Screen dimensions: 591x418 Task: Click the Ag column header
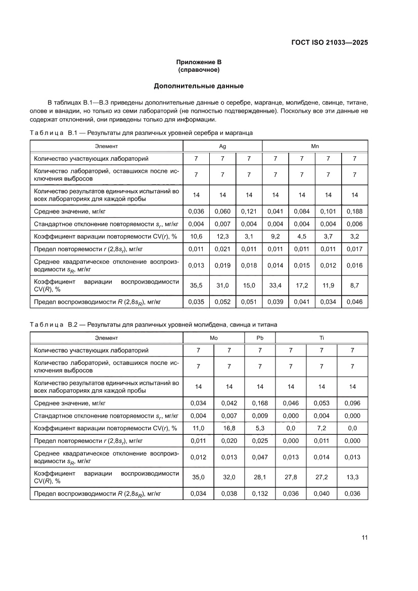click(x=222, y=146)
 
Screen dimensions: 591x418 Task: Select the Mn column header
click(x=315, y=146)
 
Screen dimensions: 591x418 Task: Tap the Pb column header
click(x=260, y=338)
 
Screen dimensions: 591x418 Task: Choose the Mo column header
click(x=214, y=338)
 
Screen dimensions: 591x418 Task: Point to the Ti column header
click(x=321, y=338)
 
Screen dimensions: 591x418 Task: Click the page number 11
click(x=364, y=537)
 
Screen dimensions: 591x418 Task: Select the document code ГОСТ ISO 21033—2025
click(x=329, y=42)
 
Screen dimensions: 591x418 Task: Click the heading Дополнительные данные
click(x=199, y=85)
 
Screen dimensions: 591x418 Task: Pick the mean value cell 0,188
click(x=354, y=211)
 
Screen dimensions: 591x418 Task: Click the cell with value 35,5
click(x=196, y=285)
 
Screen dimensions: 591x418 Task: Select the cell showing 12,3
click(x=222, y=236)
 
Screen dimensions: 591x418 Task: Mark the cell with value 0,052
click(x=222, y=302)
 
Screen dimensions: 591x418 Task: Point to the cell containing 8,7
click(x=354, y=285)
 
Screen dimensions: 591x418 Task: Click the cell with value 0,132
click(x=260, y=493)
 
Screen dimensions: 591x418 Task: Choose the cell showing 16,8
click(x=229, y=428)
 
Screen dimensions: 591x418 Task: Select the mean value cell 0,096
click(x=352, y=403)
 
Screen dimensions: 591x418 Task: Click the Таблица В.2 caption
click(x=153, y=324)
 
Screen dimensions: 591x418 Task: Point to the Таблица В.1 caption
click(x=141, y=132)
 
